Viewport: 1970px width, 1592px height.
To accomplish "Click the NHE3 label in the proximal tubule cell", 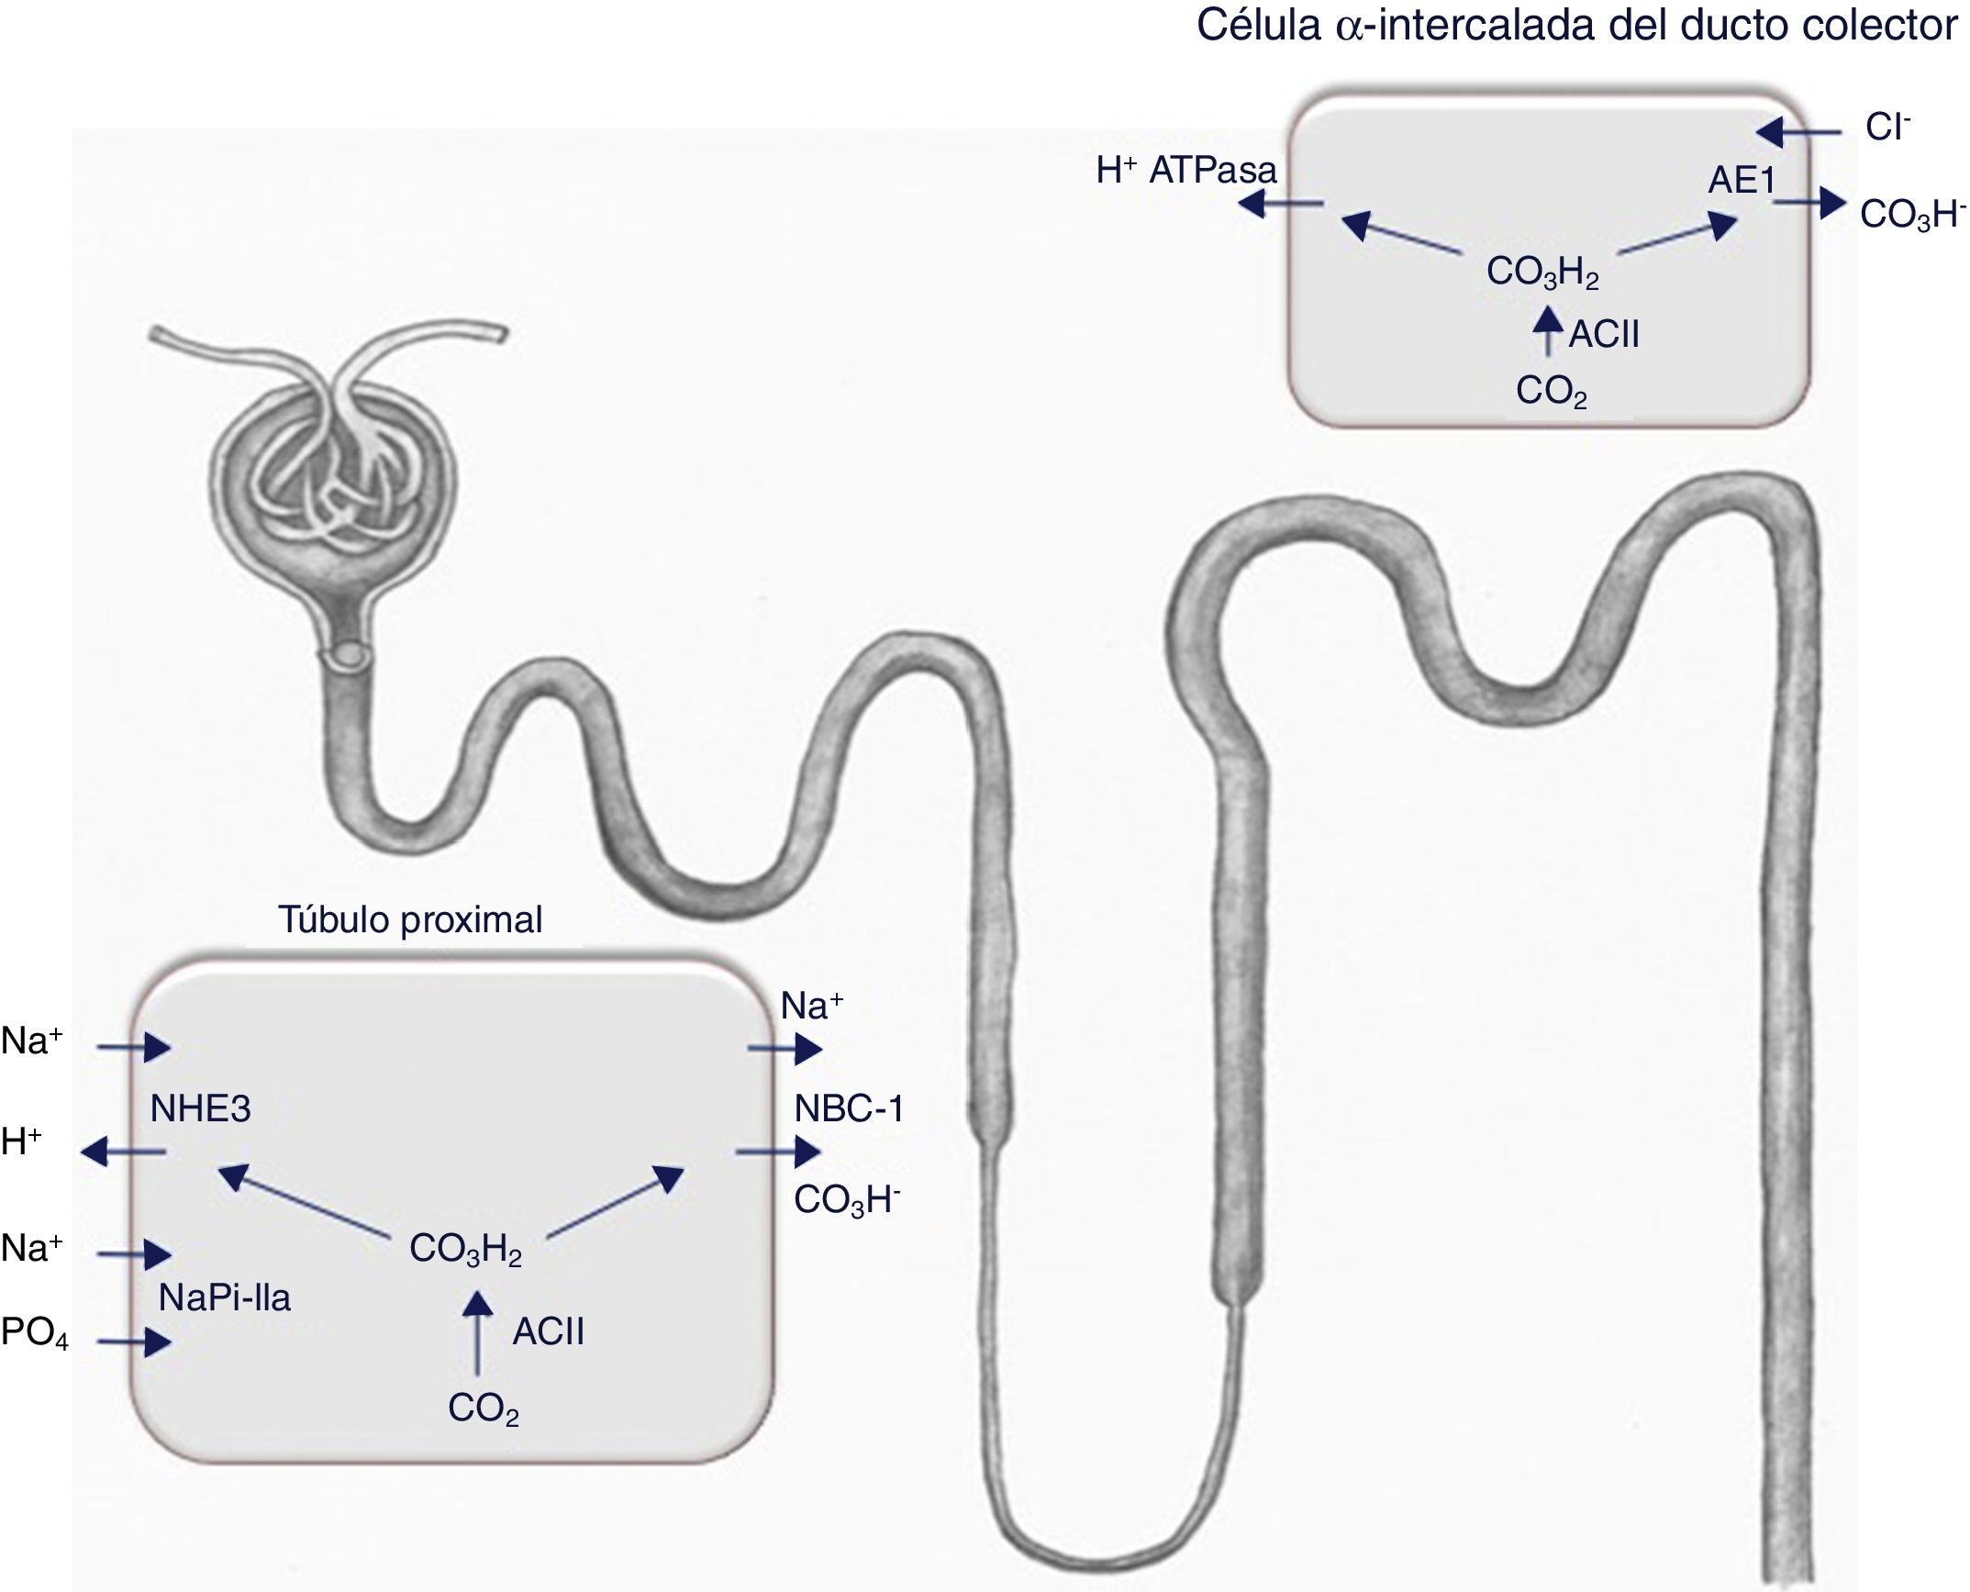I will point(200,1108).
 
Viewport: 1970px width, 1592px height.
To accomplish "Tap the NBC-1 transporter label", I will point(849,1108).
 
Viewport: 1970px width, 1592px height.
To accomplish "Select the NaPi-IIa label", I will point(224,1297).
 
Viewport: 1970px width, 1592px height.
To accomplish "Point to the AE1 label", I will point(1742,181).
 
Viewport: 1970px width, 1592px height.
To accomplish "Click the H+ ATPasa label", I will point(1185,171).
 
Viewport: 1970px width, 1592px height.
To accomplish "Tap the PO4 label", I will point(35,1333).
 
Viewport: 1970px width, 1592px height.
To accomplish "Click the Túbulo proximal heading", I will point(410,919).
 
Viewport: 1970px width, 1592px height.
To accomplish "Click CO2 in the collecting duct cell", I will point(1551,392).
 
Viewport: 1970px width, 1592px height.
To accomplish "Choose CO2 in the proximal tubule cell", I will point(484,1408).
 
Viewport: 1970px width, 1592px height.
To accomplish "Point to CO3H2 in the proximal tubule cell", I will point(465,1250).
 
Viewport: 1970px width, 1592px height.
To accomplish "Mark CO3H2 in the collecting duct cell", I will point(1542,273).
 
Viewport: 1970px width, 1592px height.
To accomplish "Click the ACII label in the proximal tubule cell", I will point(548,1331).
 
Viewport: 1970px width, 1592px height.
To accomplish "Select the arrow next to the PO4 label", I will point(135,1342).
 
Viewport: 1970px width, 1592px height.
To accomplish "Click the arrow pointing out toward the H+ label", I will point(124,1151).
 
